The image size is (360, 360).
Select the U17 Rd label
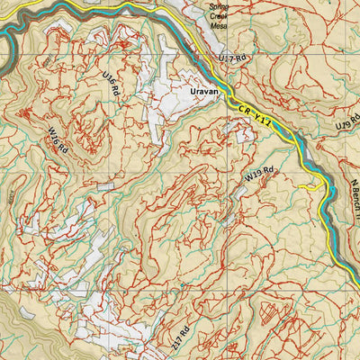pos(232,59)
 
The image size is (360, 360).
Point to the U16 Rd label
pos(112,85)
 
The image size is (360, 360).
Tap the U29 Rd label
pos(346,123)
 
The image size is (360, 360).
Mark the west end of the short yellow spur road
pos(302,187)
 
